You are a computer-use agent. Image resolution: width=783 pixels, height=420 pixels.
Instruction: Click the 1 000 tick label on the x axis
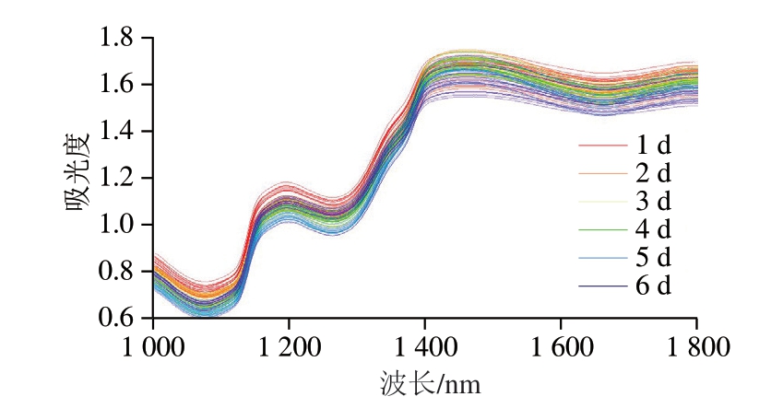(153, 348)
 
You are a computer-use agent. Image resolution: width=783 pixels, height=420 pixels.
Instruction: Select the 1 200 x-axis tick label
(289, 348)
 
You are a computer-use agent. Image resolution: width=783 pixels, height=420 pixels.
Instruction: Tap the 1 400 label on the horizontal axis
(424, 348)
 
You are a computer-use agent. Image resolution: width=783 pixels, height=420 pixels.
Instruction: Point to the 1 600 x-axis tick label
(560, 348)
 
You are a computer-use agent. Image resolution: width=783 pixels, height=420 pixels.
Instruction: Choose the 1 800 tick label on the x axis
(695, 348)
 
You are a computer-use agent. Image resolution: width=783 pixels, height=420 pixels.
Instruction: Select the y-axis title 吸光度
(79, 179)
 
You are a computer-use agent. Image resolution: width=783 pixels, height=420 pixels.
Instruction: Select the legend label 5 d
(652, 257)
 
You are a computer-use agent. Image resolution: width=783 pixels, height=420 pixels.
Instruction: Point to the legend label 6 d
(652, 286)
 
